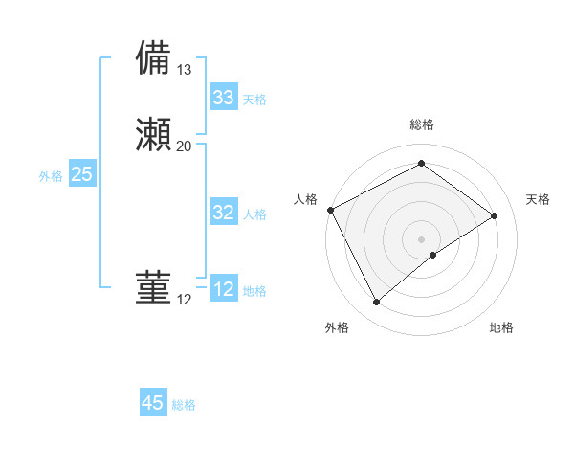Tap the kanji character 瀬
click(154, 135)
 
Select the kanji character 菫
click(154, 288)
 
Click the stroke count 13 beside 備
click(185, 70)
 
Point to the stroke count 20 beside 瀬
click(185, 146)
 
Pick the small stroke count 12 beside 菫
click(185, 300)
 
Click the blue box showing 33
click(224, 98)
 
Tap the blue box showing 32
click(224, 213)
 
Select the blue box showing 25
click(82, 174)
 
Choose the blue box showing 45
click(153, 403)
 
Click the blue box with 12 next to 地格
click(224, 289)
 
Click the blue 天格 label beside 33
click(254, 100)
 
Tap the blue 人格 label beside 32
click(254, 214)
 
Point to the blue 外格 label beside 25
click(51, 176)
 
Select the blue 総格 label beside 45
click(184, 405)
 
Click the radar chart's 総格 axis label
click(422, 124)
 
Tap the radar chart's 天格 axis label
click(538, 199)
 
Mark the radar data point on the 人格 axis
click(330, 210)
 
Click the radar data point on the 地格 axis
click(433, 255)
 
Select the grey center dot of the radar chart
click(422, 238)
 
